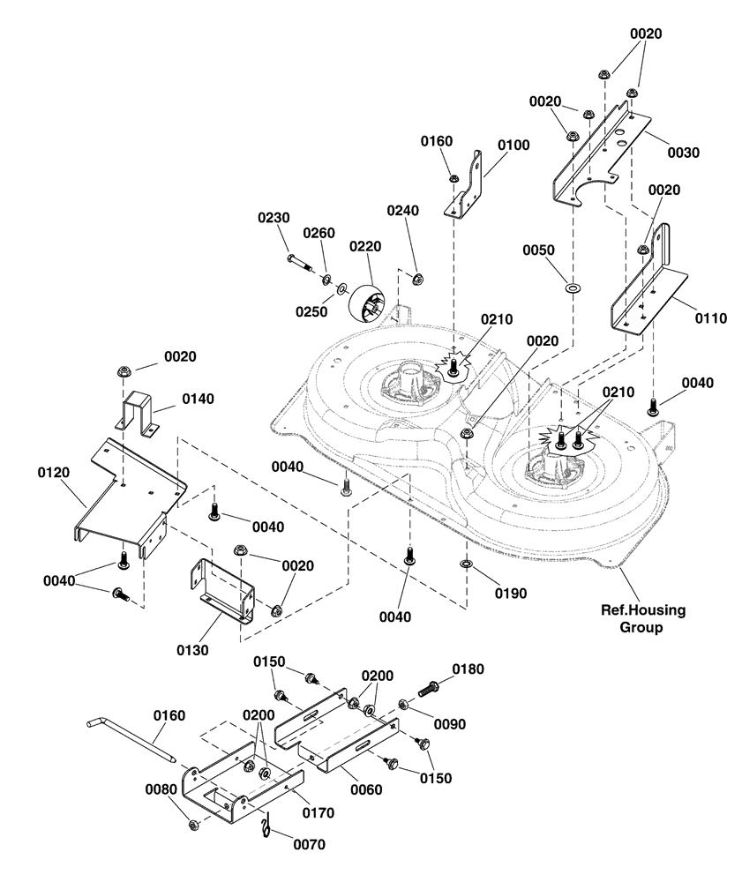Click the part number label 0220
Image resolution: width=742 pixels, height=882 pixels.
pos(365,246)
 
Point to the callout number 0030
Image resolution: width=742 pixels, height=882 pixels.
pos(684,153)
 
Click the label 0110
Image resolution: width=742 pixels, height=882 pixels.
pos(711,318)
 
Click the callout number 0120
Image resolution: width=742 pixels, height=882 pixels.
pos(54,473)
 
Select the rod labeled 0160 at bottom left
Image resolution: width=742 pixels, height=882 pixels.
pos(130,740)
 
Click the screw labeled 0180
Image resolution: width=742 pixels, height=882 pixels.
pos(429,688)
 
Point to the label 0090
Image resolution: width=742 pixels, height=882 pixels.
pos(450,724)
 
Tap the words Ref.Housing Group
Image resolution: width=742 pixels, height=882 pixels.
pos(642,618)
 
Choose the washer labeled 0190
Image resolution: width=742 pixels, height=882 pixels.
pos(467,564)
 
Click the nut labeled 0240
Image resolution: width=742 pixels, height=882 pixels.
pos(416,278)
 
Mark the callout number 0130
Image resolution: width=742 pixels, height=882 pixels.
pos(193,650)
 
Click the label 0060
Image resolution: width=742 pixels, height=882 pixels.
pos(366,789)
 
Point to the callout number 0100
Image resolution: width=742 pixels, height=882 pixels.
pos(513,146)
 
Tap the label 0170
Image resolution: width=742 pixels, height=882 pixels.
pos(319,813)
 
